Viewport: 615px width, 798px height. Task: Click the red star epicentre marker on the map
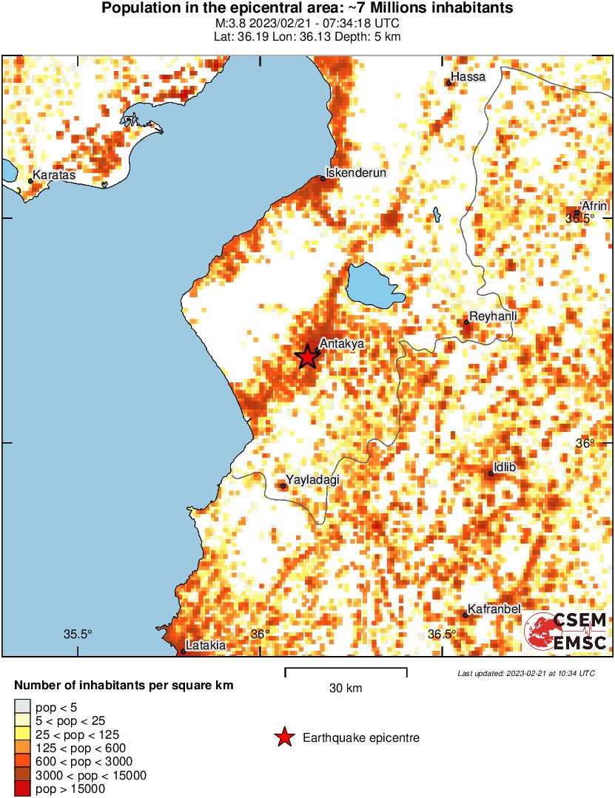[308, 356]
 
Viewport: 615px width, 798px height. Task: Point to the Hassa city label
[468, 77]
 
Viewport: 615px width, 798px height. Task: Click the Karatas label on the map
[54, 175]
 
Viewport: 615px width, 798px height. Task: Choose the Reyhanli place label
[494, 316]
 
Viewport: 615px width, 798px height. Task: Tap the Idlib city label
[504, 467]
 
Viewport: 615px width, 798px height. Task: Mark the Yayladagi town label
[312, 480]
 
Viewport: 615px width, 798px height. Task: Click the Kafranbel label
[495, 609]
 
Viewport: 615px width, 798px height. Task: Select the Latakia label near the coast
[206, 645]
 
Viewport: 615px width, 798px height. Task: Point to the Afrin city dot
[577, 213]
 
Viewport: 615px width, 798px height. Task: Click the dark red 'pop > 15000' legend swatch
[22, 789]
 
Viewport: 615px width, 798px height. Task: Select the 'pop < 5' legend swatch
[22, 707]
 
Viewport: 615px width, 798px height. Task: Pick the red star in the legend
[283, 737]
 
